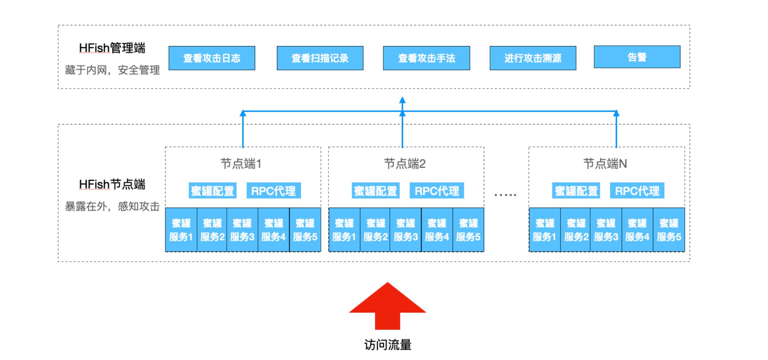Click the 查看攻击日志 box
(212, 58)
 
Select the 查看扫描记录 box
(320, 58)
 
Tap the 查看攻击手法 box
(426, 58)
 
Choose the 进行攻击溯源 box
(533, 58)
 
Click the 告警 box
(637, 57)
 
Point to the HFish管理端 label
(112, 48)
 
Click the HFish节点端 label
(112, 184)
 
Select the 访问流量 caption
(388, 345)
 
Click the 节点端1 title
(241, 164)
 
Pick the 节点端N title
(605, 164)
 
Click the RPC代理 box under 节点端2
(437, 191)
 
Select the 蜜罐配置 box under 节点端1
(213, 191)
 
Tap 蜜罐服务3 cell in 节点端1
(242, 230)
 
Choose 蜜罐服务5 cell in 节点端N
(669, 230)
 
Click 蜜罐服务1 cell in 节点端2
(344, 230)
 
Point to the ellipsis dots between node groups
(505, 195)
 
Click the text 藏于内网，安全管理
(112, 70)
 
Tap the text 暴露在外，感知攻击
(112, 206)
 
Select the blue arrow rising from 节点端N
(616, 131)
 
